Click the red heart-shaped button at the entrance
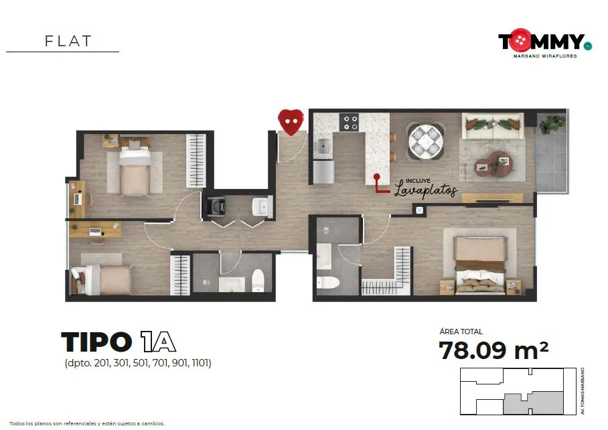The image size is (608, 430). pyautogui.click(x=291, y=122)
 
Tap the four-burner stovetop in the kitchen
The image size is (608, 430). pyautogui.click(x=349, y=123)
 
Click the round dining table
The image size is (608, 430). pyautogui.click(x=425, y=141)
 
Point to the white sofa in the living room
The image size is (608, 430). pyautogui.click(x=492, y=126)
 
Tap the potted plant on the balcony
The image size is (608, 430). pyautogui.click(x=550, y=123)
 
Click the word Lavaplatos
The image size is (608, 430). pyautogui.click(x=426, y=190)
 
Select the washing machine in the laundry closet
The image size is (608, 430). pyautogui.click(x=216, y=207)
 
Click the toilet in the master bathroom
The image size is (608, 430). pyautogui.click(x=327, y=282)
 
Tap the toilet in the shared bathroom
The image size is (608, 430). pyautogui.click(x=258, y=280)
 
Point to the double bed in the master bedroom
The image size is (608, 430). pyautogui.click(x=480, y=266)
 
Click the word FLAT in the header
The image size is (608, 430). pyautogui.click(x=68, y=41)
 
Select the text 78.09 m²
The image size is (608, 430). pyautogui.click(x=493, y=350)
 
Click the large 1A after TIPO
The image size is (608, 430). pyautogui.click(x=158, y=342)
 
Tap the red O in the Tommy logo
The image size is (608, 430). pyautogui.click(x=520, y=40)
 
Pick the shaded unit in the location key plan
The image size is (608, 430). pyautogui.click(x=533, y=403)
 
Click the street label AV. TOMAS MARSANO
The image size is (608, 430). pyautogui.click(x=583, y=391)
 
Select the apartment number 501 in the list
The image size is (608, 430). pyautogui.click(x=141, y=363)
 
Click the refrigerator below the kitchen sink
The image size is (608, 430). pyautogui.click(x=324, y=171)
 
